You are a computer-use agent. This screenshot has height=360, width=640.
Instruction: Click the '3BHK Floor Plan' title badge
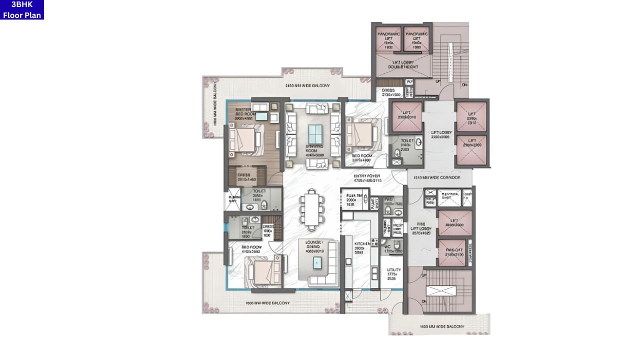point(22,10)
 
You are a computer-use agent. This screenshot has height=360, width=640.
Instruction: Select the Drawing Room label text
point(315,150)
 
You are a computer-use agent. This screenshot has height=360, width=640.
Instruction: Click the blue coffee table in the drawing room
point(315,134)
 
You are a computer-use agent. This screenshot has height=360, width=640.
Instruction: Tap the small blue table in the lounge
point(317,262)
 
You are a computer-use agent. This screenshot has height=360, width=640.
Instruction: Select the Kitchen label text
point(361,247)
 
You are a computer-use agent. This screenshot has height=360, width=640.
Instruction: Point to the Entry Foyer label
point(367,178)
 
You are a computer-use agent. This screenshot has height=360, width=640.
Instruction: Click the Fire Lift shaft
point(455,252)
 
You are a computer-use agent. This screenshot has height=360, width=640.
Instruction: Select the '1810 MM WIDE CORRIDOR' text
point(439,177)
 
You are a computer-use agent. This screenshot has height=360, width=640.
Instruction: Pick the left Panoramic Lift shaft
point(388,39)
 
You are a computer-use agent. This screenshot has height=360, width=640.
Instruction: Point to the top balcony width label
point(307,86)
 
